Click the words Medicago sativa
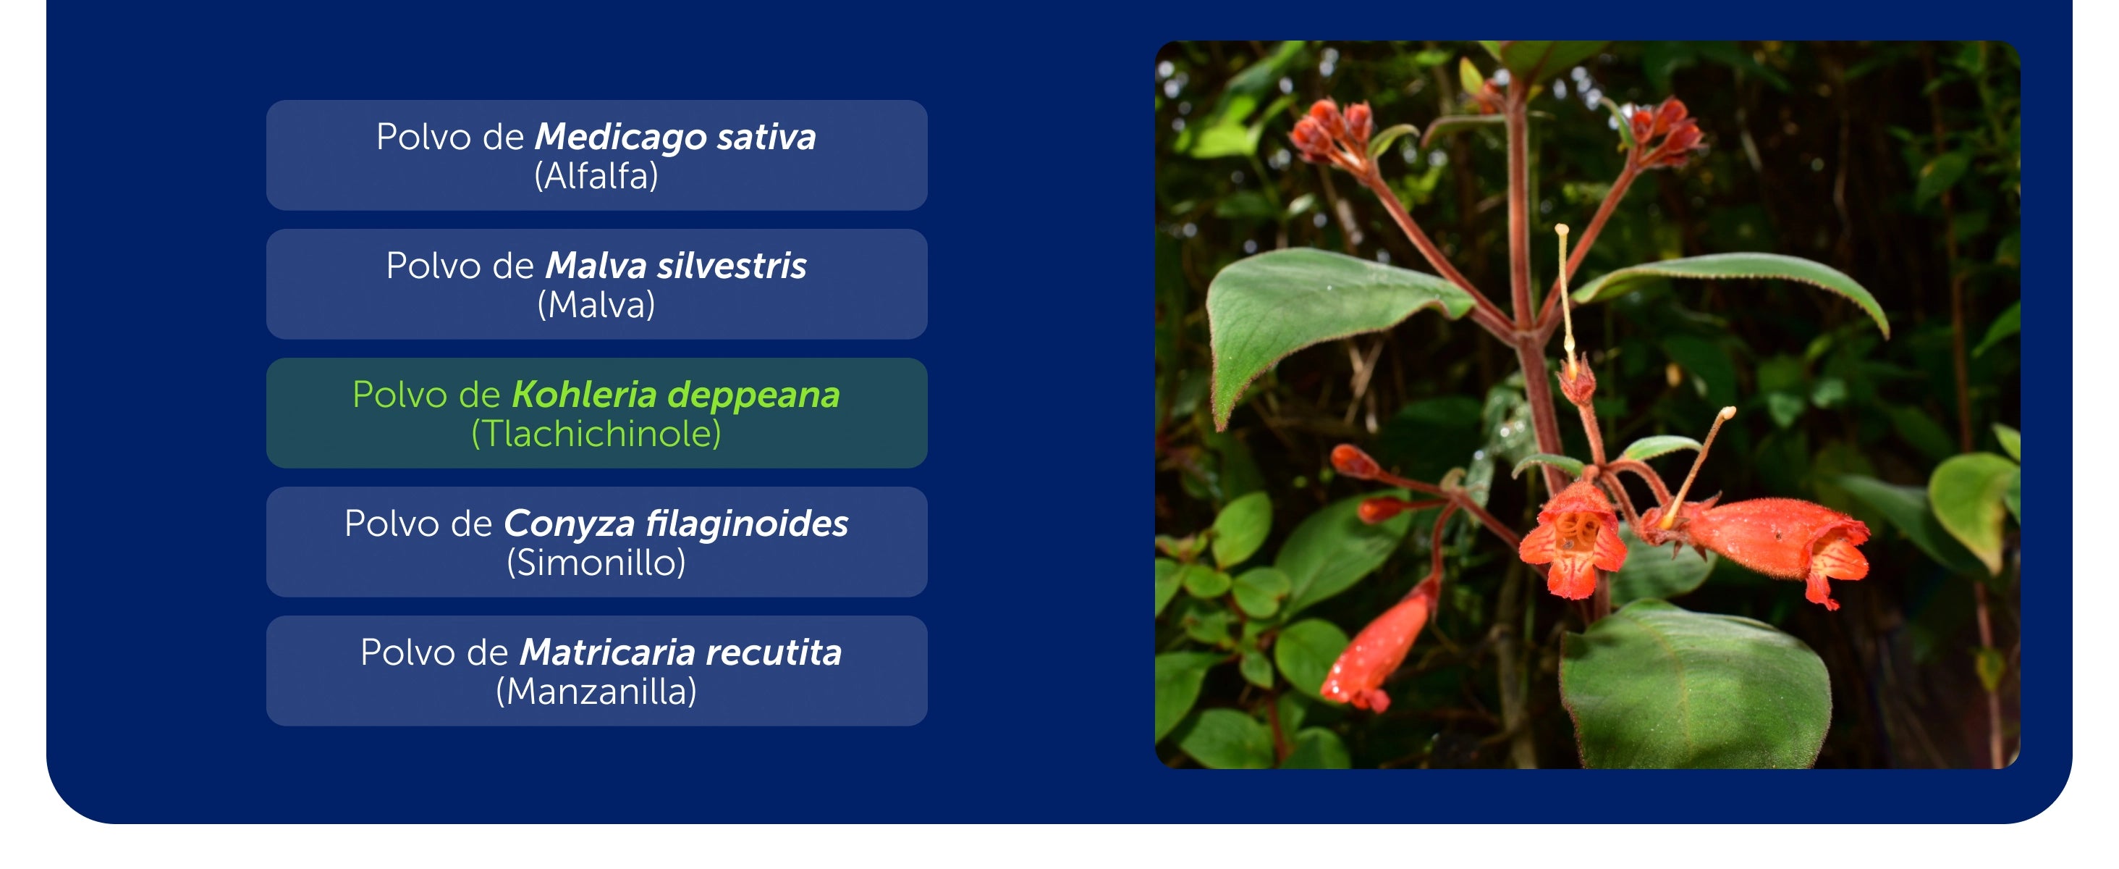point(675,137)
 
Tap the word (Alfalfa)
point(596,176)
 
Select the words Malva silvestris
point(676,266)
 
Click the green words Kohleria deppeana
point(676,395)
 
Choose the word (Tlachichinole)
point(596,434)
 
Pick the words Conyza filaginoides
point(676,524)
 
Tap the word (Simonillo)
point(596,563)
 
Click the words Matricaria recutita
point(681,652)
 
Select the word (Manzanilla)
point(596,692)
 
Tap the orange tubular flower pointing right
point(1769,543)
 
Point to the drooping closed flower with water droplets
point(1382,646)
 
